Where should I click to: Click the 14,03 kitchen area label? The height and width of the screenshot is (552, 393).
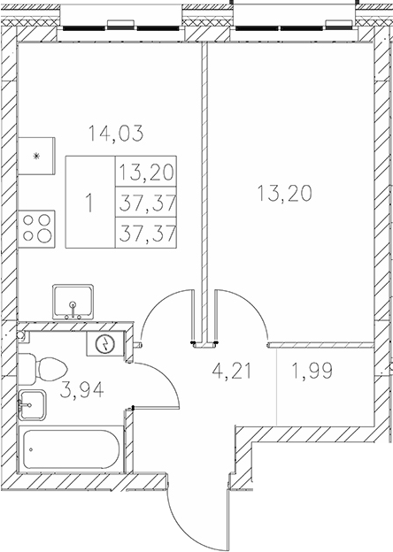[x=115, y=134]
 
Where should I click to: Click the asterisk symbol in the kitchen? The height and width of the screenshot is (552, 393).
[x=36, y=157]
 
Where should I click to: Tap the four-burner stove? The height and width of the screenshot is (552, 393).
[x=37, y=228]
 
